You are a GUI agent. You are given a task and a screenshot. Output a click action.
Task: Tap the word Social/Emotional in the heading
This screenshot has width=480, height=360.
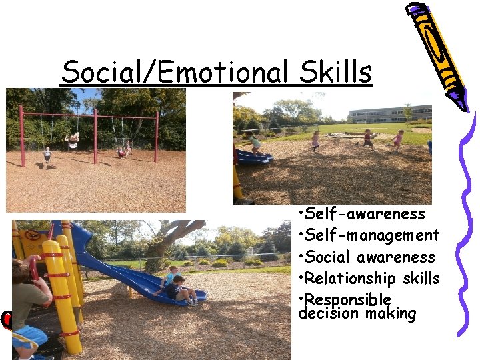pyautogui.click(x=175, y=71)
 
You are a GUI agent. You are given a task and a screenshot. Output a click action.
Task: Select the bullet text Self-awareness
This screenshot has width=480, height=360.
pyautogui.click(x=365, y=214)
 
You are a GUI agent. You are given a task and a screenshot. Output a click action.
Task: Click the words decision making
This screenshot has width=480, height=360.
pyautogui.click(x=357, y=314)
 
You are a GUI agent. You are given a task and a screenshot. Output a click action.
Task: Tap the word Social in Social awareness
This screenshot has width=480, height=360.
pyautogui.click(x=327, y=257)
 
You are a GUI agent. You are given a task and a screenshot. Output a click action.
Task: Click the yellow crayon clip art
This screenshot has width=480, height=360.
pyautogui.click(x=437, y=53)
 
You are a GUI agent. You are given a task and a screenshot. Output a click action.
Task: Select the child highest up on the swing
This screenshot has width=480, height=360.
pyautogui.click(x=72, y=139)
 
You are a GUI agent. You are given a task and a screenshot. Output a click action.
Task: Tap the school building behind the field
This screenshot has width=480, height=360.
pyautogui.click(x=389, y=113)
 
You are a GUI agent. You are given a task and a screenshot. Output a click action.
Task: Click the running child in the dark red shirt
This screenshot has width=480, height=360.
pyautogui.click(x=368, y=138)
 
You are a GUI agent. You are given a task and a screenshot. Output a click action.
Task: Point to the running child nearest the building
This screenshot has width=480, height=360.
pyautogui.click(x=398, y=138)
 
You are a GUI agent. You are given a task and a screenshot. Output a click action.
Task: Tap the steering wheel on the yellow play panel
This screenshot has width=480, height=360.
pyautogui.click(x=31, y=235)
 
